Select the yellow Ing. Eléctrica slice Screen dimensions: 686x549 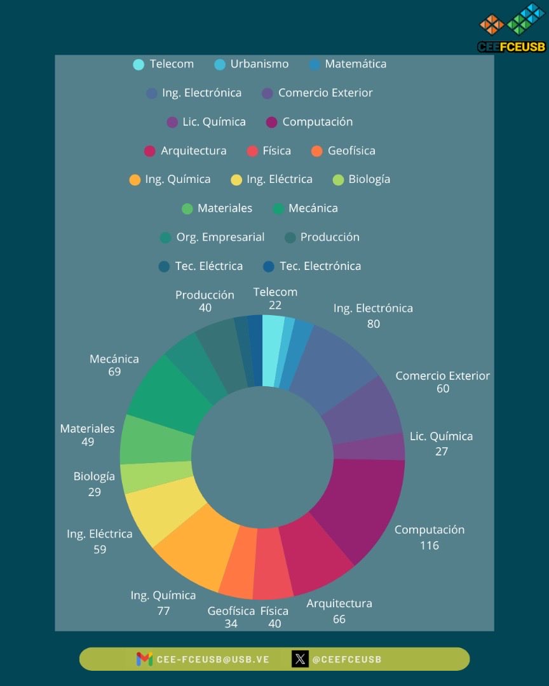[162, 508]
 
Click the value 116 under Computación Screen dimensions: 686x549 [429, 545]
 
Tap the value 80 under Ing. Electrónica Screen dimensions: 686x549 [373, 323]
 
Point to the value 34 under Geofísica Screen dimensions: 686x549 [231, 624]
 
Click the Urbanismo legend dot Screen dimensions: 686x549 [220, 64]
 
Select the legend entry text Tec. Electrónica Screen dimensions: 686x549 [320, 266]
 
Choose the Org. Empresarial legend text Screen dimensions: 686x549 [220, 237]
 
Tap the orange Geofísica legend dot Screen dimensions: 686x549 [317, 151]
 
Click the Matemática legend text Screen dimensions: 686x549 [355, 64]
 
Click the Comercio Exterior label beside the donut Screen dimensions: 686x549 [442, 375]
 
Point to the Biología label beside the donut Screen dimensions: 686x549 [94, 476]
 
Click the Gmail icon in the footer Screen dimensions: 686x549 [144, 659]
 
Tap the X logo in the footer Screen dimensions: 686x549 [300, 659]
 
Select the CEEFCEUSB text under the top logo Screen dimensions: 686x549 [512, 47]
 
